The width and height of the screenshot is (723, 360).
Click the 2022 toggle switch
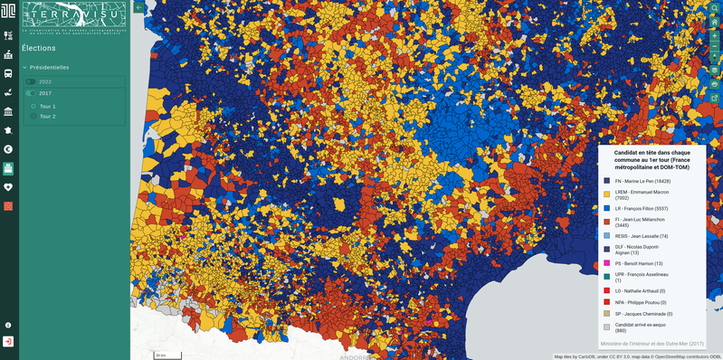click(x=31, y=81)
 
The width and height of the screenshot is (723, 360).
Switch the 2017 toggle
click(x=31, y=93)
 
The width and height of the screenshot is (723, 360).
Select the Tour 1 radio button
click(x=33, y=106)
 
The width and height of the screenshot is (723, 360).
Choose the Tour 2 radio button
click(x=33, y=116)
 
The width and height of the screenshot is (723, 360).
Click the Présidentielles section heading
click(x=50, y=67)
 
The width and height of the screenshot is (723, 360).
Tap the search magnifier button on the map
click(x=714, y=8)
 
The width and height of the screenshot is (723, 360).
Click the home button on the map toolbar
click(x=714, y=23)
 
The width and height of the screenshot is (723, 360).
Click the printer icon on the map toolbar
click(x=714, y=84)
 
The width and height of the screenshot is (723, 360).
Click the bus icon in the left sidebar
click(x=8, y=73)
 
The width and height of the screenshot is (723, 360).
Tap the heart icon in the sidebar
click(x=8, y=187)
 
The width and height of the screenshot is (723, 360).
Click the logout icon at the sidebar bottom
click(x=8, y=342)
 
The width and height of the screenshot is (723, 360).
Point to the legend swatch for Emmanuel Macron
click(x=606, y=193)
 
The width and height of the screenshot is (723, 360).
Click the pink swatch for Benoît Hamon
click(x=606, y=263)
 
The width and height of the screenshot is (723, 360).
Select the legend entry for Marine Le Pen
click(x=642, y=181)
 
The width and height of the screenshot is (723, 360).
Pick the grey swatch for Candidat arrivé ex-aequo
click(x=606, y=327)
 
